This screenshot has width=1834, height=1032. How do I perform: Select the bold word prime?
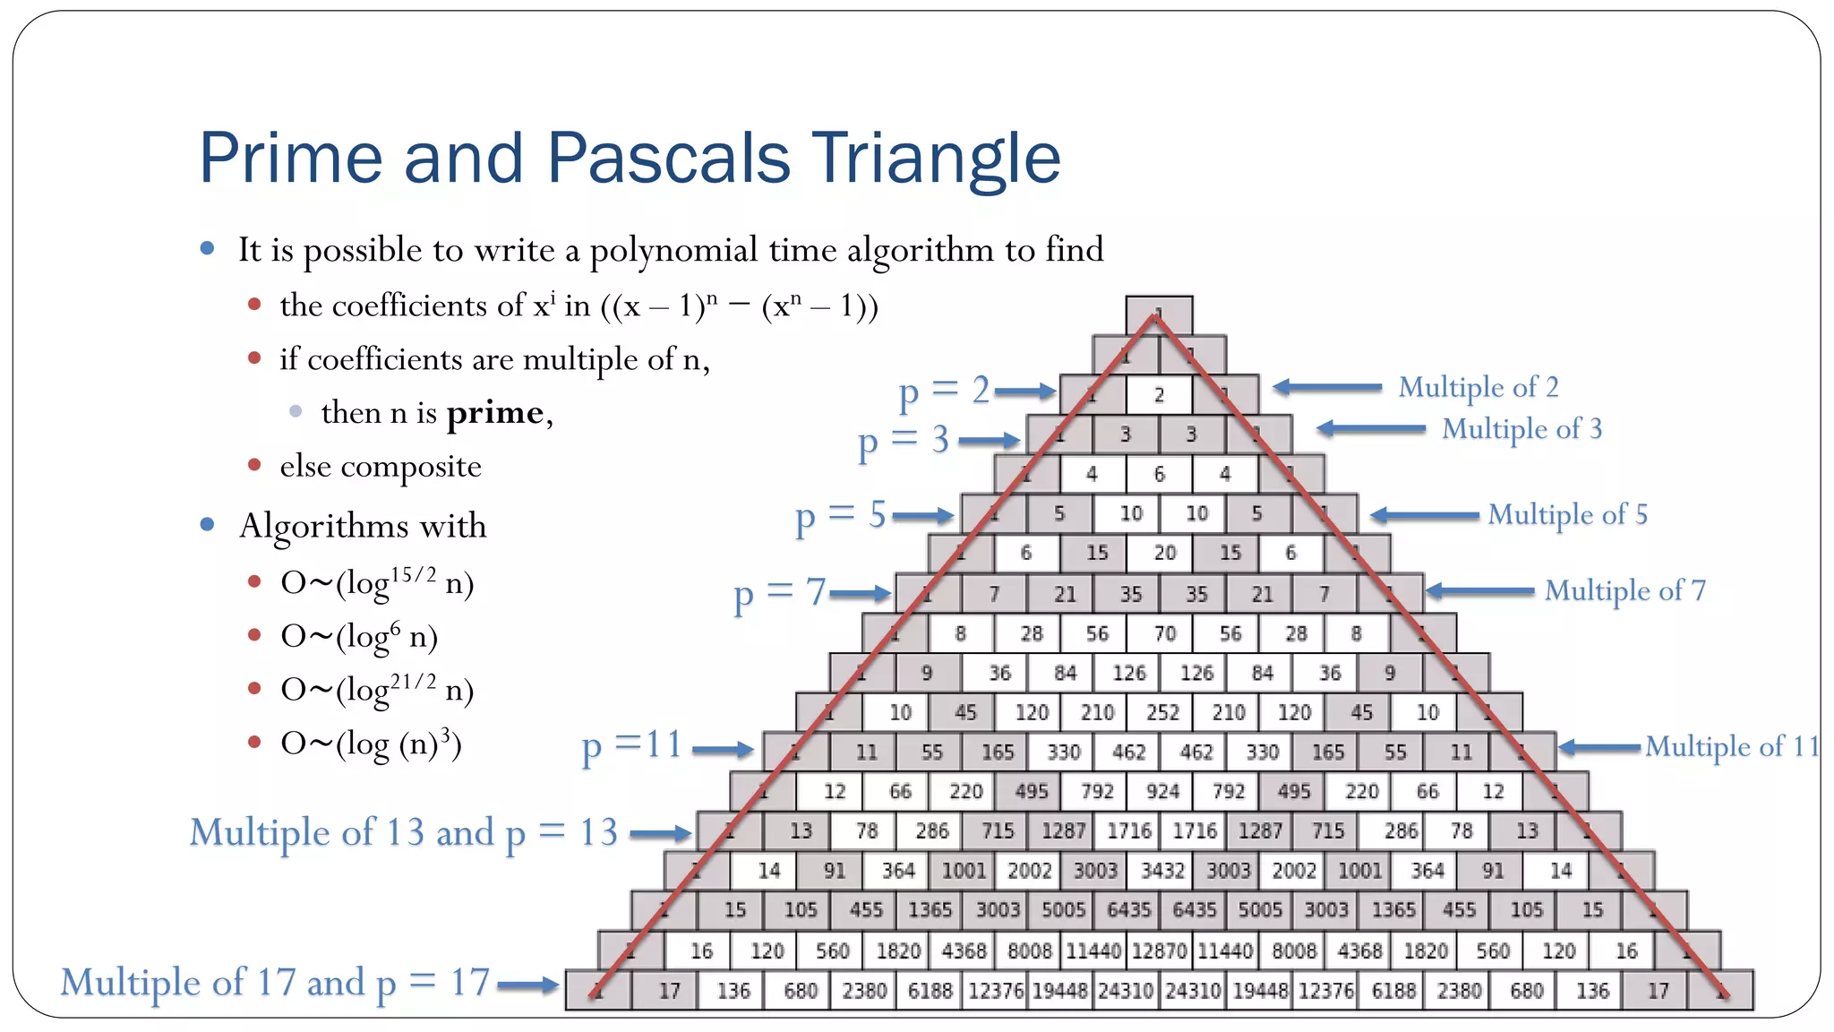tap(495, 413)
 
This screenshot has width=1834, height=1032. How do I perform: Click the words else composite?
tap(381, 466)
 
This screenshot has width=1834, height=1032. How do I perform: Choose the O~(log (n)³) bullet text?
tap(371, 744)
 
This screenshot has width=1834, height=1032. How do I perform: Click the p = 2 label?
tap(944, 391)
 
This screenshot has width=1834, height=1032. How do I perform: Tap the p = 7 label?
tap(779, 593)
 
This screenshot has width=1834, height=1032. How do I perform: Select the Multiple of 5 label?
tap(1567, 514)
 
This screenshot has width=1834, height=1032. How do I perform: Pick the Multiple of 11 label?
tap(1732, 746)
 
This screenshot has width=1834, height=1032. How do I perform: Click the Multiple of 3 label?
tap(1521, 428)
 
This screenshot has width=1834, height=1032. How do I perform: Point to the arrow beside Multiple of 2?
tap(1327, 387)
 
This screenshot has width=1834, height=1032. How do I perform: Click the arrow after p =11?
tap(723, 750)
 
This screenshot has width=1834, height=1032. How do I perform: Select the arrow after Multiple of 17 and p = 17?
tap(527, 985)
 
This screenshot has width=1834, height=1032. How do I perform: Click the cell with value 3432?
tap(1161, 871)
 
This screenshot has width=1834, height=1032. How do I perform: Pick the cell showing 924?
tap(1162, 791)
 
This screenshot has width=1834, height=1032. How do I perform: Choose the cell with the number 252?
tap(1162, 712)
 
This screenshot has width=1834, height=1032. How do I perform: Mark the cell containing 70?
tap(1163, 633)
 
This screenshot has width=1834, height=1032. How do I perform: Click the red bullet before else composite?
tap(254, 465)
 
